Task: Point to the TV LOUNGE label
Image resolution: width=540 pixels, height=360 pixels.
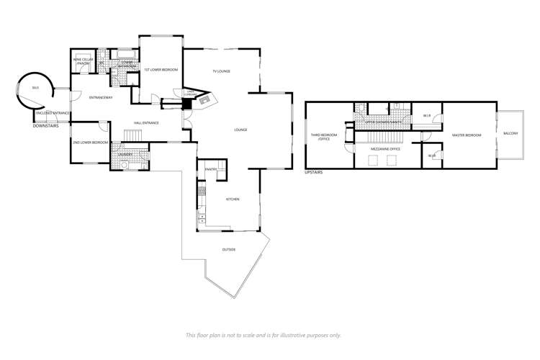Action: click(x=220, y=71)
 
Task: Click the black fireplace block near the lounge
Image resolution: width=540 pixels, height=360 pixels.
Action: click(x=187, y=103)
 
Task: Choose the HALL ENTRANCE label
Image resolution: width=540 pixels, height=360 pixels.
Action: click(x=145, y=122)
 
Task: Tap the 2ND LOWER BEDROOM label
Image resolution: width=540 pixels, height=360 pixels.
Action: click(x=90, y=143)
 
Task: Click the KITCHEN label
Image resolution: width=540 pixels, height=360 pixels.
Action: click(x=232, y=199)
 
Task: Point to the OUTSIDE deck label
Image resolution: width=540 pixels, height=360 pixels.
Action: click(x=229, y=250)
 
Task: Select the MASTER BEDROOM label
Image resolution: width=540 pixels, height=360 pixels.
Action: click(x=466, y=135)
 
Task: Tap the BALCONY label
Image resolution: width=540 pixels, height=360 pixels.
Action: click(x=510, y=134)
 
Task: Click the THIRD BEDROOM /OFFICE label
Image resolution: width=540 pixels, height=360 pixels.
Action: click(x=320, y=136)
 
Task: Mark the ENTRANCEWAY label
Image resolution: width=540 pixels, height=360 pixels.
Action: click(x=101, y=97)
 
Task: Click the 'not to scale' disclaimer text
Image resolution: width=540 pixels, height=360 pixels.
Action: click(x=264, y=335)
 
